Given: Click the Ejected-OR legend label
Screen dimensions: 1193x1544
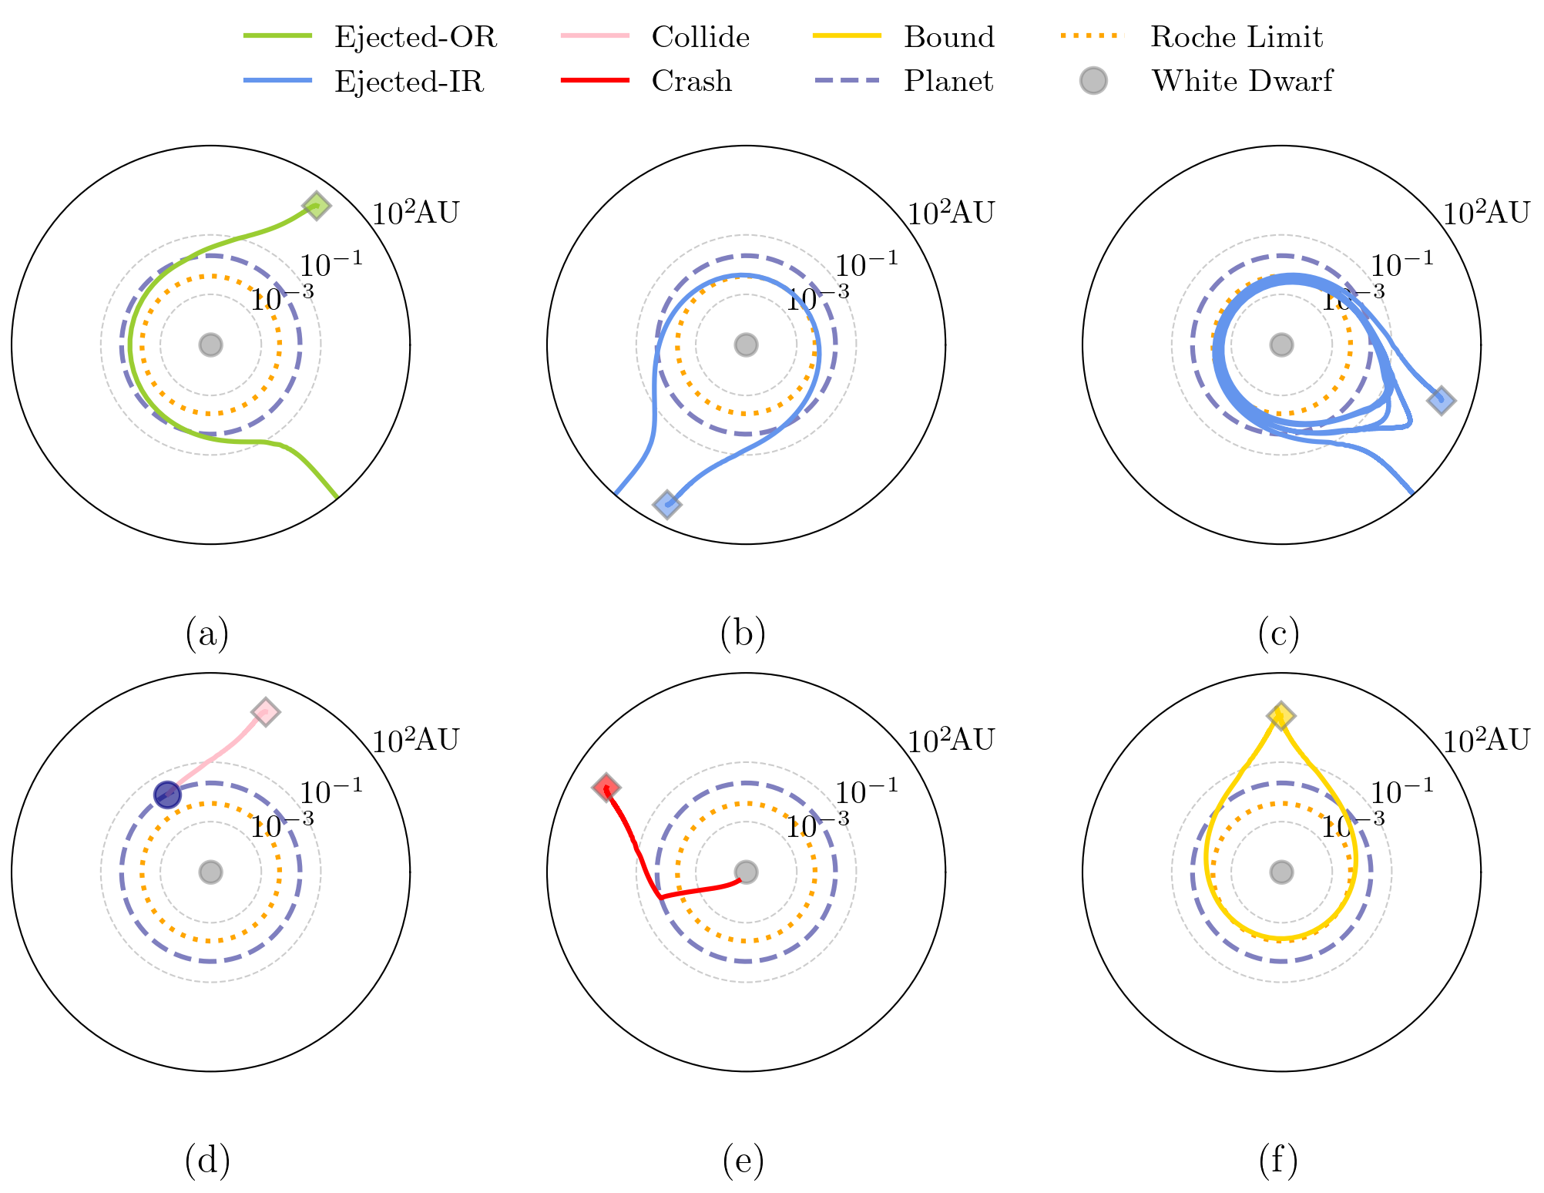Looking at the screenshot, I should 415,37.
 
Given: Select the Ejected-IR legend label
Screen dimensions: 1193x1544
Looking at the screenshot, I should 409,81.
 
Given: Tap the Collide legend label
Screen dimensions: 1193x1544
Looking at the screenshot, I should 700,37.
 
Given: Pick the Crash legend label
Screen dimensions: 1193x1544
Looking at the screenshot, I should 691,81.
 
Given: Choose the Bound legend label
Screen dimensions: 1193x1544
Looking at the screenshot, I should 949,37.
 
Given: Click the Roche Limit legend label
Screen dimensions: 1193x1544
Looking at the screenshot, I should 1236,37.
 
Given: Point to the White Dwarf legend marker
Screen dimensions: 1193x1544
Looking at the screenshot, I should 1093,81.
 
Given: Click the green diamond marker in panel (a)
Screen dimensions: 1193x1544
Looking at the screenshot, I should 316,206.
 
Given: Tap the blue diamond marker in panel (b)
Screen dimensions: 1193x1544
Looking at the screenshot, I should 666,505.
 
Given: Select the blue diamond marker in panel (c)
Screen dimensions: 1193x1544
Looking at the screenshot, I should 1440,401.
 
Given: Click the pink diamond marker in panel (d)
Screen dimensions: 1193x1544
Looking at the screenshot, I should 265,712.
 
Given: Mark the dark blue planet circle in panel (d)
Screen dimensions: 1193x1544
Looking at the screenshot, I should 167,795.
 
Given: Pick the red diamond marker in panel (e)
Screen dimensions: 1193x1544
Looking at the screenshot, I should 606,788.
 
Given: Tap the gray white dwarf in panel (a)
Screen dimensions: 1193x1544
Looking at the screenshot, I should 210,345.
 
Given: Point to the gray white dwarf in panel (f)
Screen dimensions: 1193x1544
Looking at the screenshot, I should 1281,872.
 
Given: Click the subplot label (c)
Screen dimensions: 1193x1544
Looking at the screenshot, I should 1278,633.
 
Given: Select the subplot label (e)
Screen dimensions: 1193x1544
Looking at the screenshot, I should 743,1161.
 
